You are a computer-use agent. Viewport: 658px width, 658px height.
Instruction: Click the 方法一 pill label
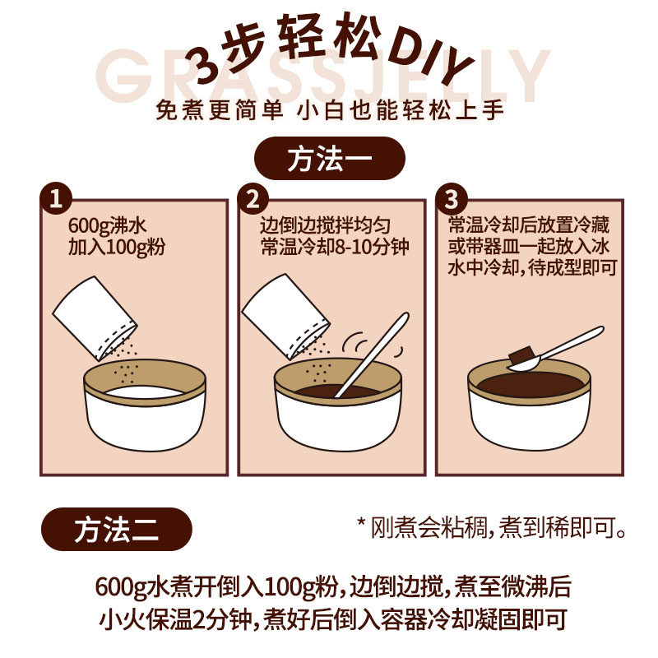pyautogui.click(x=330, y=158)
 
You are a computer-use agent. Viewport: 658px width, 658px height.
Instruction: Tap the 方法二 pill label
pyautogui.click(x=117, y=529)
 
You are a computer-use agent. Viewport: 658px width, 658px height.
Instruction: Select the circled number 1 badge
pyautogui.click(x=56, y=198)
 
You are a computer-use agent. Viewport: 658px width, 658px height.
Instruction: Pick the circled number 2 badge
pyautogui.click(x=253, y=198)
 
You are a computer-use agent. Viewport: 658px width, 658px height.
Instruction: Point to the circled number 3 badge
pyautogui.click(x=452, y=198)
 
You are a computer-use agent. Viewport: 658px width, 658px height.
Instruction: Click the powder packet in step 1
pyautogui.click(x=95, y=318)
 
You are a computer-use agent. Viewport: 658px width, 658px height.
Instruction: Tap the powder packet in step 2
pyautogui.click(x=286, y=317)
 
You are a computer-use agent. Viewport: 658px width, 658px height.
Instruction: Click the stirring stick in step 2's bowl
pyautogui.click(x=372, y=354)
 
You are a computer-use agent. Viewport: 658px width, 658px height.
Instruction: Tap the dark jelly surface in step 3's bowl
pyautogui.click(x=531, y=384)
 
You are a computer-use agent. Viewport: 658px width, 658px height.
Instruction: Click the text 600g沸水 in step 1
pyautogui.click(x=108, y=226)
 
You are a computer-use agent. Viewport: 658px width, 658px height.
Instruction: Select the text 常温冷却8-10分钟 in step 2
pyautogui.click(x=335, y=246)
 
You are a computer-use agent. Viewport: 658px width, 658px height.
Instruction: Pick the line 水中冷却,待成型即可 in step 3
pyautogui.click(x=532, y=268)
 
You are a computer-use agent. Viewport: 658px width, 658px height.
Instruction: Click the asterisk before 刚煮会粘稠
pyautogui.click(x=361, y=523)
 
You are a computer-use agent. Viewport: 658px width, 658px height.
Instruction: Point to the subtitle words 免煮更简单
pyautogui.click(x=220, y=110)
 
